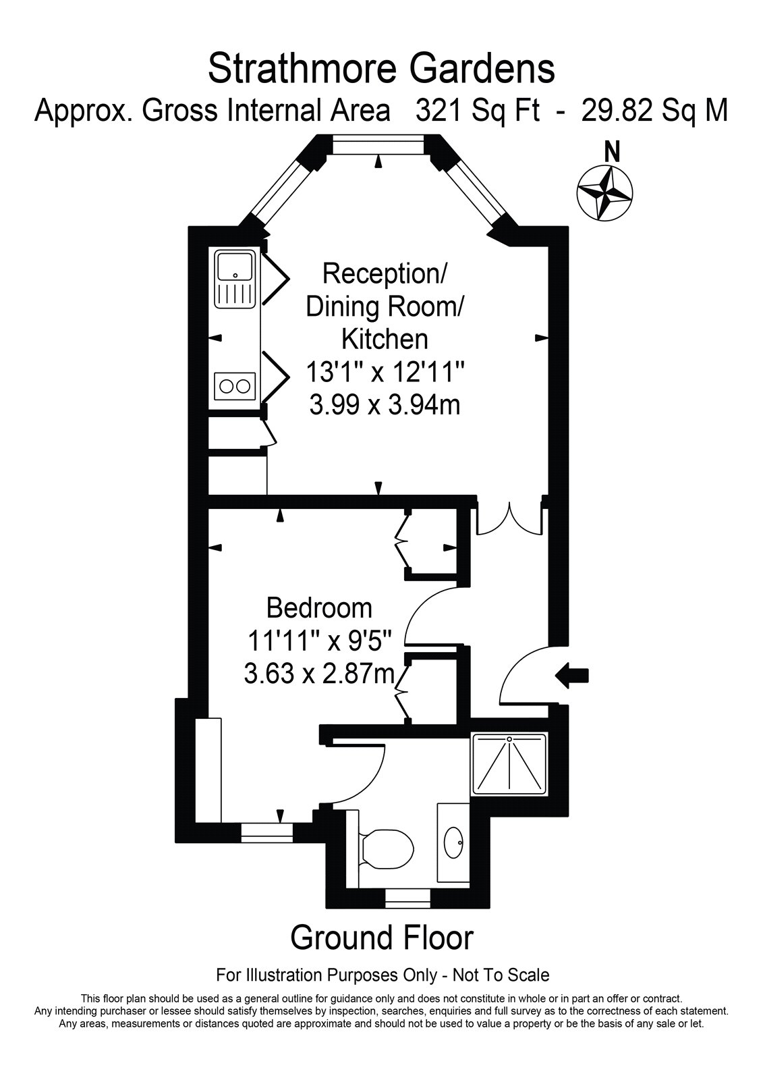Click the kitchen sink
(x=235, y=279)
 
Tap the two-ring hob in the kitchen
(x=235, y=386)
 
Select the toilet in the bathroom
(x=386, y=848)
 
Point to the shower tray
(x=510, y=764)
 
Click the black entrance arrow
(x=572, y=676)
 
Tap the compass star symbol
(x=605, y=193)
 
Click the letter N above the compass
(x=612, y=153)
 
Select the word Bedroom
(x=319, y=608)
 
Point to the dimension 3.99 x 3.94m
(x=385, y=404)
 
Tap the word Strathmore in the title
(x=302, y=68)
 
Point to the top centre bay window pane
(x=378, y=145)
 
